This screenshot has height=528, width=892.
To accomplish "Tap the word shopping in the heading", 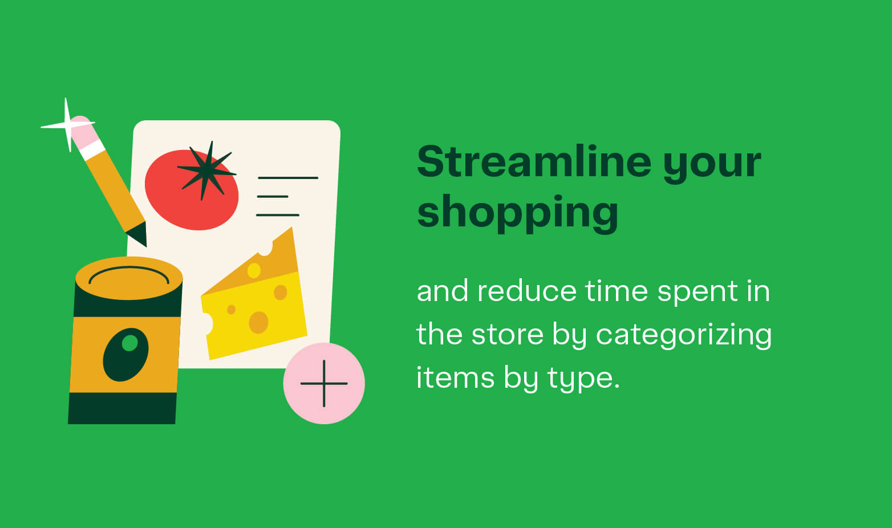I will click(517, 212).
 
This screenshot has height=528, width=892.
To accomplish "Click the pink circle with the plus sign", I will click(324, 383).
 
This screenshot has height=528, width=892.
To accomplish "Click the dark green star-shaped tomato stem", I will click(206, 170).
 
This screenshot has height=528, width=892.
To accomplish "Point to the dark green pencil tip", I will click(139, 234).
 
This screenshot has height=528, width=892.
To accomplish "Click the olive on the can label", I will click(125, 354).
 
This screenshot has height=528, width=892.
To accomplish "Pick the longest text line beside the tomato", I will click(288, 178).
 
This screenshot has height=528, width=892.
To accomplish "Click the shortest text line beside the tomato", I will click(273, 197).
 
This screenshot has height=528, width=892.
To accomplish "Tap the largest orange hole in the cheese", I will click(258, 322).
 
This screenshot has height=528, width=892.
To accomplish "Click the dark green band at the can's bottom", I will click(122, 408).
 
